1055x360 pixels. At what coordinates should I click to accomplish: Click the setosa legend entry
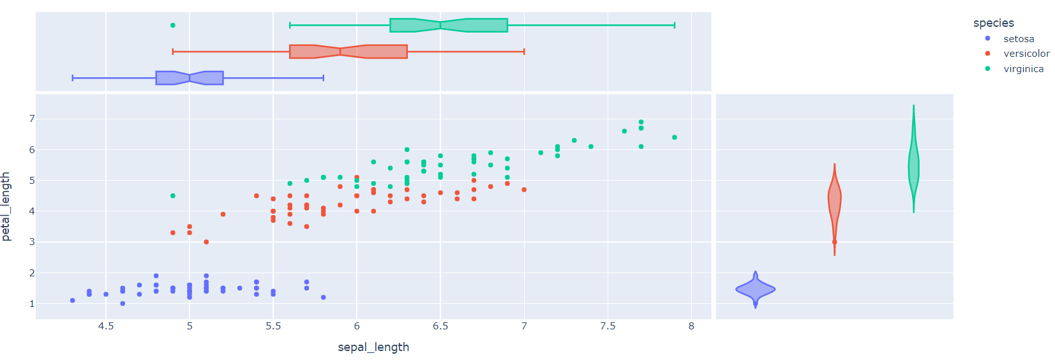(x=1018, y=39)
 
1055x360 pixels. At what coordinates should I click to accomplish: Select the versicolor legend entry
(x=1026, y=54)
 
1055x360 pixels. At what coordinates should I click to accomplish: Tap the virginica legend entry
(x=1023, y=69)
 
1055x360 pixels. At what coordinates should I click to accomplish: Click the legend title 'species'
(x=993, y=23)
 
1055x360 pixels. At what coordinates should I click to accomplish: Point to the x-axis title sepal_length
(x=373, y=347)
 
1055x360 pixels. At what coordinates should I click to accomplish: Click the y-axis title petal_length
(x=6, y=206)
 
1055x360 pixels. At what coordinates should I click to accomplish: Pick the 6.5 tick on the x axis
(x=440, y=326)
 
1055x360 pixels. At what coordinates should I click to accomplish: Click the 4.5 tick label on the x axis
(x=106, y=326)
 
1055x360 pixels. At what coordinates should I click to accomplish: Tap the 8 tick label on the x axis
(x=691, y=326)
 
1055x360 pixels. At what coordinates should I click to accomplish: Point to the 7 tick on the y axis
(x=31, y=119)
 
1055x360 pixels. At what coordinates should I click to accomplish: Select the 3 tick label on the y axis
(x=31, y=242)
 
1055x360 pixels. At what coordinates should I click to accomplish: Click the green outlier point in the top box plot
(x=173, y=26)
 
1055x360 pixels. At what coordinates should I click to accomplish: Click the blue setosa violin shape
(x=756, y=290)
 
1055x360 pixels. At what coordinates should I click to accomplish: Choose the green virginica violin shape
(x=913, y=166)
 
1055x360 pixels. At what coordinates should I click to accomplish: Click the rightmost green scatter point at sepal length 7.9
(x=675, y=137)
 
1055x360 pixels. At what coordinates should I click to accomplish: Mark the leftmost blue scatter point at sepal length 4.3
(x=73, y=301)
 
